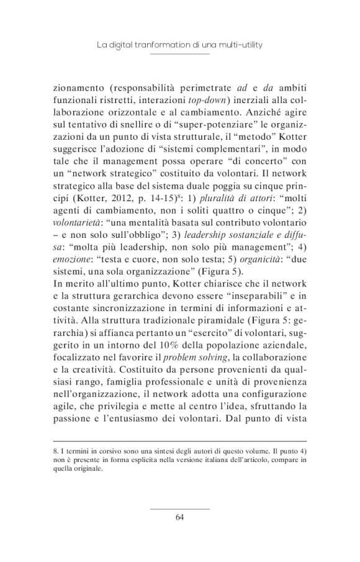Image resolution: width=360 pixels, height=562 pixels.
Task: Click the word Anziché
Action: coord(255,115)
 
